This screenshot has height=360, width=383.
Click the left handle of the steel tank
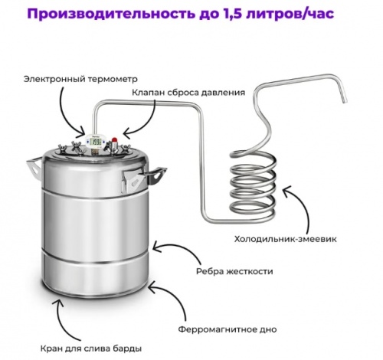point(34,165)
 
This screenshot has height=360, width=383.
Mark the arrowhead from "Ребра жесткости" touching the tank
point(155,247)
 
